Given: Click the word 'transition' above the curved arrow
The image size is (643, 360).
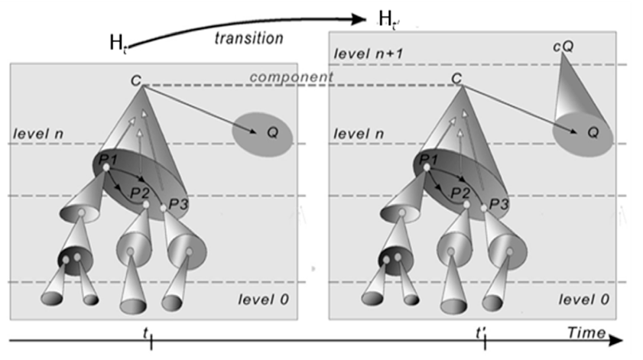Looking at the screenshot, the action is (x=249, y=38).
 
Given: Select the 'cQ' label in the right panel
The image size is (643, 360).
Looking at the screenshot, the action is (x=563, y=47).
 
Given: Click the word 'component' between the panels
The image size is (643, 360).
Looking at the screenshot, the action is (x=291, y=76).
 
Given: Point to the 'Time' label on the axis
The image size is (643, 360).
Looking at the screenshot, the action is (x=586, y=332).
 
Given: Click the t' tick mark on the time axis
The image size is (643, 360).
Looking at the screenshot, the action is (x=485, y=342).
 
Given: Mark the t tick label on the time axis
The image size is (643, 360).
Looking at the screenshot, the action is (x=145, y=333).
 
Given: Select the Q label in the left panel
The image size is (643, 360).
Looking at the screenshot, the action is (x=272, y=132).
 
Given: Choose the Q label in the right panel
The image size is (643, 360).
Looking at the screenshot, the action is (x=593, y=132).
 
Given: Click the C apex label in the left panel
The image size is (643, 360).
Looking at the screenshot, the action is (x=136, y=80).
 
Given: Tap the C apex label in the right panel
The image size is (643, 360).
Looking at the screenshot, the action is (x=456, y=78).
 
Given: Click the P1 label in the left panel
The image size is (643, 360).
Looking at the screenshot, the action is (x=108, y=159).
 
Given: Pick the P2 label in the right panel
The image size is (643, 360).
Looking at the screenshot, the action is (x=460, y=193).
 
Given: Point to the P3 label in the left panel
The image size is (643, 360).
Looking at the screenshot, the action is (x=178, y=204).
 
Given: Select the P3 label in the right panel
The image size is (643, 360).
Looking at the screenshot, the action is (x=499, y=204).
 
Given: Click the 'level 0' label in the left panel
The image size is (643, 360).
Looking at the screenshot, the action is (x=263, y=300).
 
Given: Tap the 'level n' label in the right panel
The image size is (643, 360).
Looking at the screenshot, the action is (x=359, y=134).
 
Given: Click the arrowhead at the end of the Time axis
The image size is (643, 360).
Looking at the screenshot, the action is (x=616, y=340).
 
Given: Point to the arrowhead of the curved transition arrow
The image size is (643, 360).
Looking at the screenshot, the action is (x=359, y=19).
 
